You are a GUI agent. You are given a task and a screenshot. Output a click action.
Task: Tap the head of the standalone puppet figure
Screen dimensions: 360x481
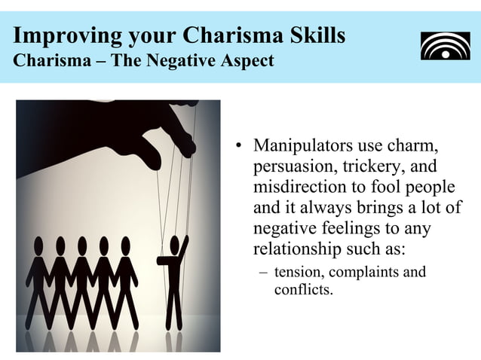pos(176,244)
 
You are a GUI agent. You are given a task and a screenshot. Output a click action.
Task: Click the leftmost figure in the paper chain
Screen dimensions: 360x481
pos(38,279)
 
